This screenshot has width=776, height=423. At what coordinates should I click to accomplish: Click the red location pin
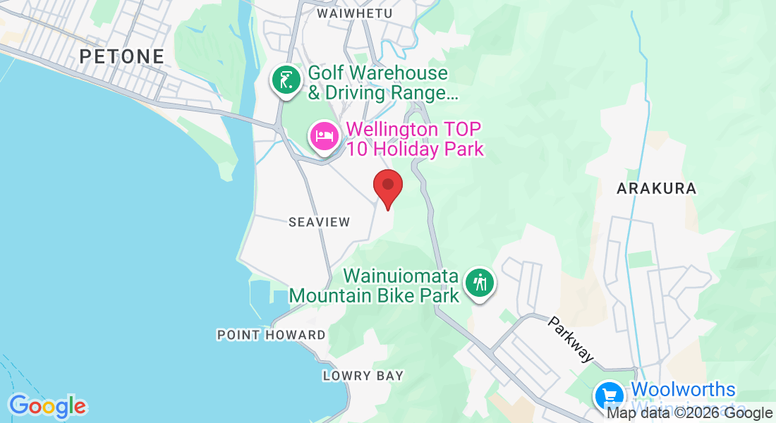387,186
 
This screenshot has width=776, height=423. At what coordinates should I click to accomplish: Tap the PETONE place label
122,56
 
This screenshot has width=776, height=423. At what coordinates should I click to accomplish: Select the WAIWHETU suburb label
355,13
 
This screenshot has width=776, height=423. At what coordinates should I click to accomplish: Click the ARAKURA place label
656,188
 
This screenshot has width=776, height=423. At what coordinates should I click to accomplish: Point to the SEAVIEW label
320,222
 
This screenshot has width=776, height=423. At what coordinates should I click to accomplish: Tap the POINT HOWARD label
272,335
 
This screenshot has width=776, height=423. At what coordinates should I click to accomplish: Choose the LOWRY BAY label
363,376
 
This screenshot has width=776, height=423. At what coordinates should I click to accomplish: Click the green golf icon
285,80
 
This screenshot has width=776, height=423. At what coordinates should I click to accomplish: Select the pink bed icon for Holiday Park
324,135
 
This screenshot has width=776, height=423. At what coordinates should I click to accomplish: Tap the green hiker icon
480,283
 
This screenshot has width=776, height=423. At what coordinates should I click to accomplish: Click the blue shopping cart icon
607,396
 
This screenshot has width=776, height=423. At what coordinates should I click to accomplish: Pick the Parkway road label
570,339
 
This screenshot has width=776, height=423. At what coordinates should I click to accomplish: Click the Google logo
47,406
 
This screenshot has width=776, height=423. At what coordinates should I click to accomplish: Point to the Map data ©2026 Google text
690,414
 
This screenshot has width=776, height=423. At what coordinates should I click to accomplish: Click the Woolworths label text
683,390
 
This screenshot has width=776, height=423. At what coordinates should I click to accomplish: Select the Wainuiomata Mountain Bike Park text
375,286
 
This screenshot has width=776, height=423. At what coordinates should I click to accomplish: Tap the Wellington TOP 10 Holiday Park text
415,139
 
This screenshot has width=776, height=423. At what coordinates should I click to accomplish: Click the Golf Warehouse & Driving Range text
378,82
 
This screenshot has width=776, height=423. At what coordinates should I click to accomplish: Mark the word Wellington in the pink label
394,130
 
